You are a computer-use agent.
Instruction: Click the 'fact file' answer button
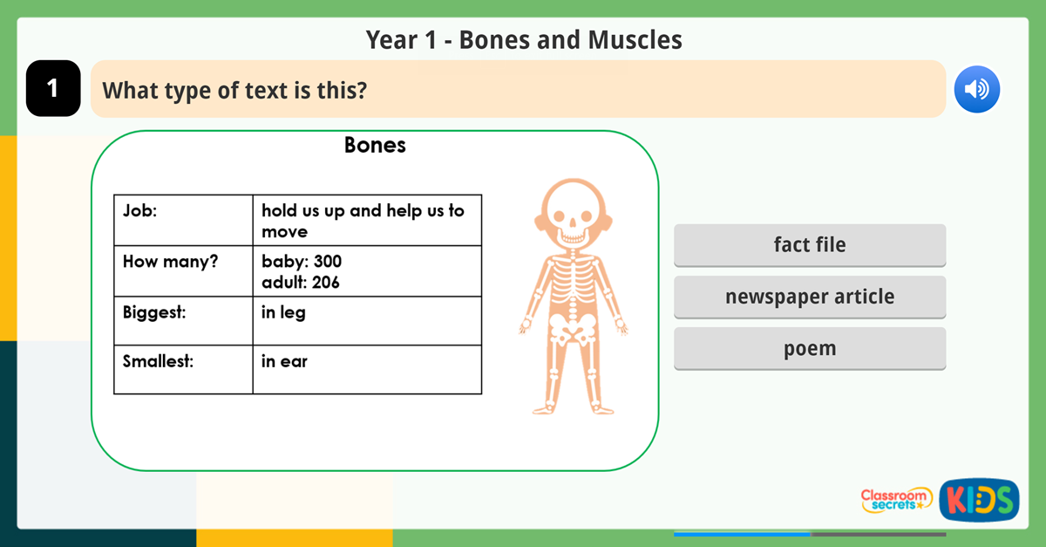point(809,245)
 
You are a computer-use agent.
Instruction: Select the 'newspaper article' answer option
point(809,297)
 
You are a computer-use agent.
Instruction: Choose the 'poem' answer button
point(809,348)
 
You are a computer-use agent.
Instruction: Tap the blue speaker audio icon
point(976,89)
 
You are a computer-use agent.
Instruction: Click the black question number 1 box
point(53,88)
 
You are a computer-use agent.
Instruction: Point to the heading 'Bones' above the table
point(375,145)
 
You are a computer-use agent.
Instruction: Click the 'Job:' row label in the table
point(140,210)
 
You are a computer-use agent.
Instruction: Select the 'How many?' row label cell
point(170,261)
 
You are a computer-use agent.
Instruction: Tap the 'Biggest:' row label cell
point(154,311)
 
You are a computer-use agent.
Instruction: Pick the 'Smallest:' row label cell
point(158,360)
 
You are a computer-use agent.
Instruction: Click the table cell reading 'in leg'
point(283,311)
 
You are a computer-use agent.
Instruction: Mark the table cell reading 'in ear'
point(284,360)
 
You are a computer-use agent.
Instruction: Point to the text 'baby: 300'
point(302,261)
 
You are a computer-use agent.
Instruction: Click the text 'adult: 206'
point(301,282)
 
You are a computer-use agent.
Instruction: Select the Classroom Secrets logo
point(896,500)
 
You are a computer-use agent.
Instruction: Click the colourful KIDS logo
point(979,500)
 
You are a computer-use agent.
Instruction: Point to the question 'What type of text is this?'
point(234,89)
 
